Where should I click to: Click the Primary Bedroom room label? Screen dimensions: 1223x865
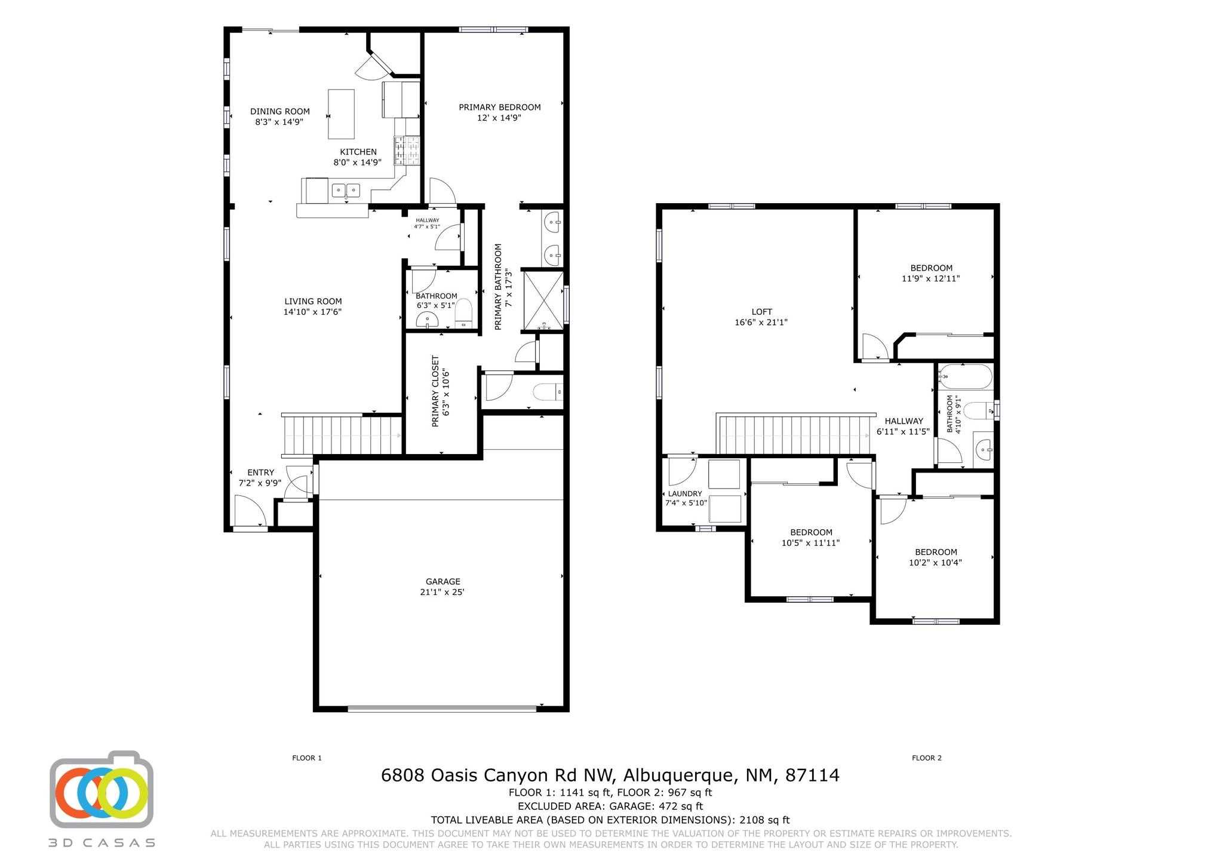499,108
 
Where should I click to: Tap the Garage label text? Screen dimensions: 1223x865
443,581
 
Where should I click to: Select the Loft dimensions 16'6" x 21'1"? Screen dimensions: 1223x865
761,322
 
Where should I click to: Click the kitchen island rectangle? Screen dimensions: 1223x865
341,114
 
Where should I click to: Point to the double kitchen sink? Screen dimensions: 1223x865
346,190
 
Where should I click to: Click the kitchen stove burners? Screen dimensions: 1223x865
407,151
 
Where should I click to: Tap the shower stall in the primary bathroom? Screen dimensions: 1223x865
543,300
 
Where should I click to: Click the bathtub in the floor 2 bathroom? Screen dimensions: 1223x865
964,377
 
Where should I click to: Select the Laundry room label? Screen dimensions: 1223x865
684,493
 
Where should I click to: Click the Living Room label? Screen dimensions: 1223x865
313,301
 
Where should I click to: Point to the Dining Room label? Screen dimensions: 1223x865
279,111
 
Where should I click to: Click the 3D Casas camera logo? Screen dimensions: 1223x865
102,789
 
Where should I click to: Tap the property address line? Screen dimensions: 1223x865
610,775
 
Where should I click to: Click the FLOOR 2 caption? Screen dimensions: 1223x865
926,758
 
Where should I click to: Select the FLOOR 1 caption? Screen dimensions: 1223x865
307,758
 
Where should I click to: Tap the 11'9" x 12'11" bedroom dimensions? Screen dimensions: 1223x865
930,278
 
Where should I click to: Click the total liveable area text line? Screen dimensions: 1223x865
610,820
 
